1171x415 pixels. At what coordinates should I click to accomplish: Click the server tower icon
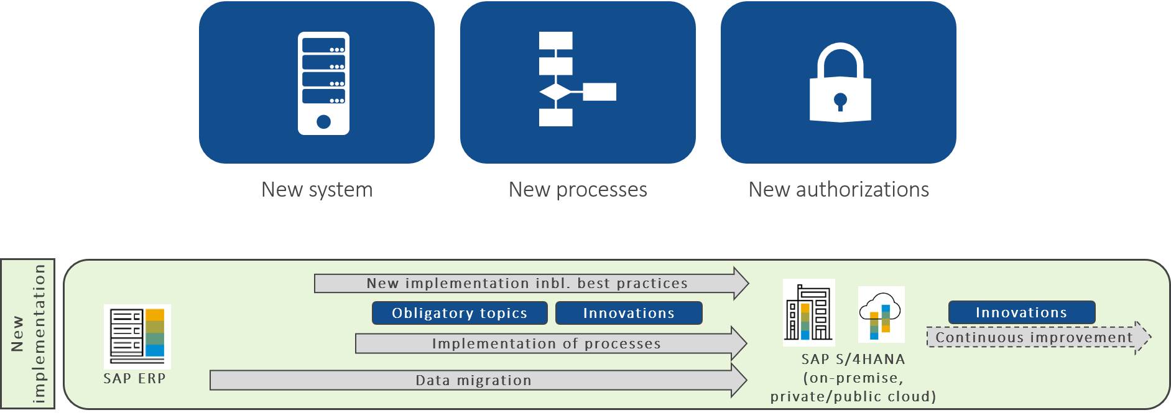point(323,83)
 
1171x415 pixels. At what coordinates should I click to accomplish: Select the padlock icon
point(840,83)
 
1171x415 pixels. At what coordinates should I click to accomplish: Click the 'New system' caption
point(317,190)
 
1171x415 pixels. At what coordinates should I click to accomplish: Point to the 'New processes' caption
point(578,190)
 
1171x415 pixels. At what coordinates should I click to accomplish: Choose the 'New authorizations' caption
point(838,190)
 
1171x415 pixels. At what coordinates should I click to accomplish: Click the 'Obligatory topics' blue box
point(460,313)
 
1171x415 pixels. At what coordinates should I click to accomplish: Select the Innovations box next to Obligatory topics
point(629,313)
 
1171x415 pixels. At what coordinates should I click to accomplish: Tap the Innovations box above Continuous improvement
point(1021,312)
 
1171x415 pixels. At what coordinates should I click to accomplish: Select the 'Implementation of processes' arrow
point(546,343)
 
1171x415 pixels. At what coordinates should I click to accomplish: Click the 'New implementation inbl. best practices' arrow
point(527,283)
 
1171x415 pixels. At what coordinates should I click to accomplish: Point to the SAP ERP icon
point(137,336)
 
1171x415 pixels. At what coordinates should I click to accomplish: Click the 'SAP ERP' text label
point(134,378)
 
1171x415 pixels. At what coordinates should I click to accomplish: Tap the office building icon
point(808,312)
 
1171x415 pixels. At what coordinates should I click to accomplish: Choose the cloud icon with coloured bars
point(881,314)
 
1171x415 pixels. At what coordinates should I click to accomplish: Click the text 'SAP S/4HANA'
point(853,359)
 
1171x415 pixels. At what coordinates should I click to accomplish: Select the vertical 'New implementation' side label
point(28,333)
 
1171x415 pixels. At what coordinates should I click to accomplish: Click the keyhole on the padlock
point(840,100)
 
